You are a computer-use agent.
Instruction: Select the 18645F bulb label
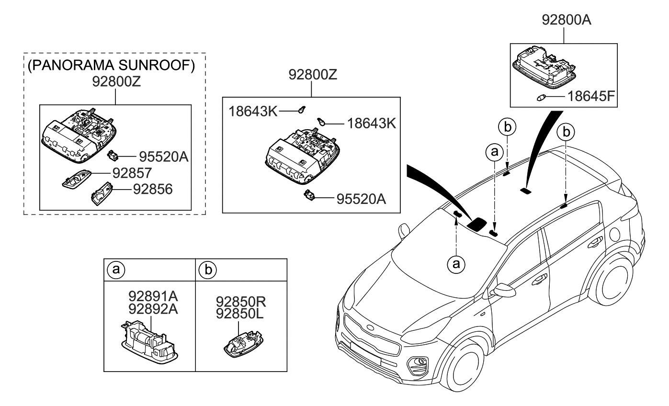[591, 98]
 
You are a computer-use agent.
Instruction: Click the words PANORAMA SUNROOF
[111, 66]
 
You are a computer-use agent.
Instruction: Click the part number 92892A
[149, 309]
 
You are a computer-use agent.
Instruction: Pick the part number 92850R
[240, 302]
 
